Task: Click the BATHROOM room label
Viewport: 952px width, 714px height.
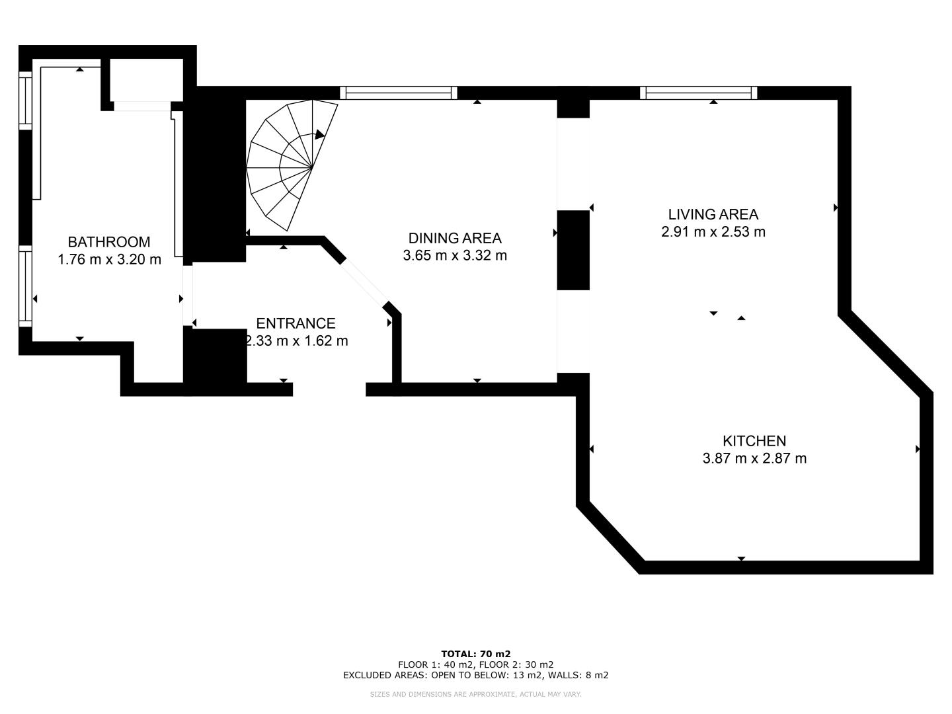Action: (109, 241)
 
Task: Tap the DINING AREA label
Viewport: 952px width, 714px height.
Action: (455, 238)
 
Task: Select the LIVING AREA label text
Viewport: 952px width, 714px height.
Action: (713, 214)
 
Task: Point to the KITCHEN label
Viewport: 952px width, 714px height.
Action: (754, 441)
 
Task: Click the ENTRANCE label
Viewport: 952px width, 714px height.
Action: (296, 323)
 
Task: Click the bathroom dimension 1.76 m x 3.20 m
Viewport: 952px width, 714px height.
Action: (109, 259)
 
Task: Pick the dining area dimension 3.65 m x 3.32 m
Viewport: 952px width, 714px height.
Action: (455, 255)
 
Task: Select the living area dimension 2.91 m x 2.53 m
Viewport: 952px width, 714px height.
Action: (713, 231)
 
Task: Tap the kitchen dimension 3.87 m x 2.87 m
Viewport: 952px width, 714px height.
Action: (754, 458)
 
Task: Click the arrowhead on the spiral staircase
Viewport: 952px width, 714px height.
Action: (319, 134)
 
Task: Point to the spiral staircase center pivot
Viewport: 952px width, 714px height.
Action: (312, 167)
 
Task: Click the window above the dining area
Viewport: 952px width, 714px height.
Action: (398, 93)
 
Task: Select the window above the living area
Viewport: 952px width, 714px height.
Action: (698, 93)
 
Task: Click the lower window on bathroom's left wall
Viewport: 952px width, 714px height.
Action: (26, 286)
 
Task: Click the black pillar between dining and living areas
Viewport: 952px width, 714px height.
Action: (573, 250)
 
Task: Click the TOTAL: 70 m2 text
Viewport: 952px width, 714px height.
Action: (476, 654)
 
